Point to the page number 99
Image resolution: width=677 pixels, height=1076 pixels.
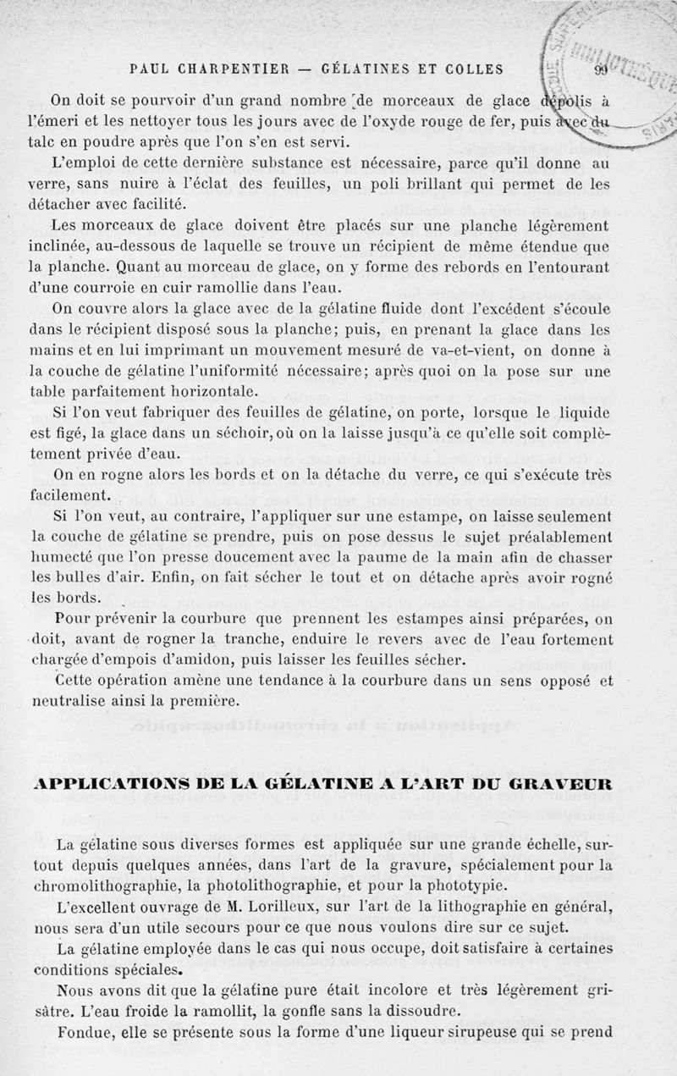[x=602, y=70]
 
